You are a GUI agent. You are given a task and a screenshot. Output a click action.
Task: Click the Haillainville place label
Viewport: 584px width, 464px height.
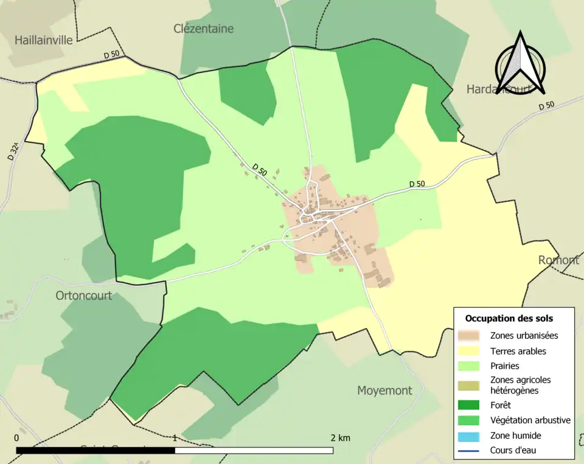tap(44, 40)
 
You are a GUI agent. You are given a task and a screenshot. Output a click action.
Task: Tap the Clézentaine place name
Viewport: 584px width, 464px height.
tap(203, 29)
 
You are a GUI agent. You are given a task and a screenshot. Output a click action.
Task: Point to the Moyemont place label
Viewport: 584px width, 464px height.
tap(384, 390)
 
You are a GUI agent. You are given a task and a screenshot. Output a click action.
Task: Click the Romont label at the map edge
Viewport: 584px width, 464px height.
tap(558, 260)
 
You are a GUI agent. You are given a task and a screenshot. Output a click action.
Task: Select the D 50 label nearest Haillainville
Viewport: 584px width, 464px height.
tap(111, 55)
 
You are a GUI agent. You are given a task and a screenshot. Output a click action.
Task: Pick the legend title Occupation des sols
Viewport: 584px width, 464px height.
tap(509, 318)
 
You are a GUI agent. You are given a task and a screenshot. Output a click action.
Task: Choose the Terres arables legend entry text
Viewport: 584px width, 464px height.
tap(518, 351)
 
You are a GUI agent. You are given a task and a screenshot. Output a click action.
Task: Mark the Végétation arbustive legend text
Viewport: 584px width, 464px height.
tap(530, 420)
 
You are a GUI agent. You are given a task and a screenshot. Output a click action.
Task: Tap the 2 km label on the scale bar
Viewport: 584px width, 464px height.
tap(340, 438)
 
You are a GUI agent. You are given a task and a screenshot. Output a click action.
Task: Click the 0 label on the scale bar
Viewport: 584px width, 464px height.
tap(16, 438)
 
